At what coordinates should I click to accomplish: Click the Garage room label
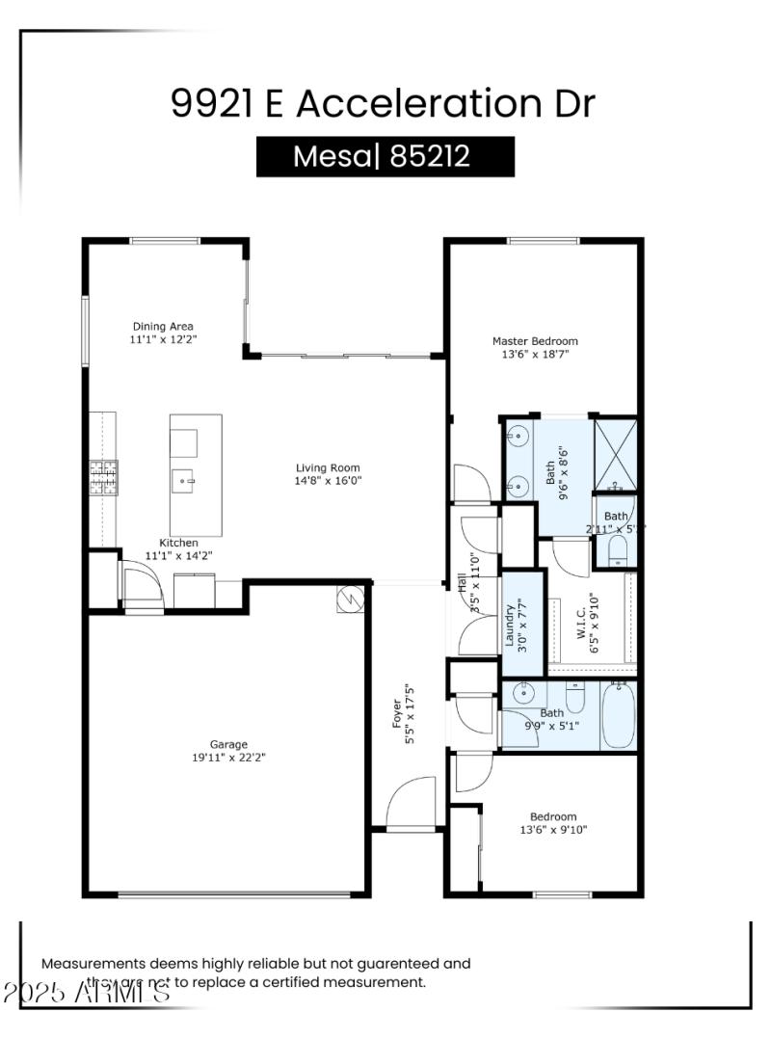229,744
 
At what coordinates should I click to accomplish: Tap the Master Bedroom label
535,340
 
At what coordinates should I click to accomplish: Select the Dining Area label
162,326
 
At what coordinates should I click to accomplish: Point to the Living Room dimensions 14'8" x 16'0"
329,480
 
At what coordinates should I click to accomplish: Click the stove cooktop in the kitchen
104,478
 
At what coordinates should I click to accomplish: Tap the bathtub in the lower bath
618,716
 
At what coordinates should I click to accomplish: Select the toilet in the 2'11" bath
619,549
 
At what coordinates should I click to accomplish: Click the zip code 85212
431,156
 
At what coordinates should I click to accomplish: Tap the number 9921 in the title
212,104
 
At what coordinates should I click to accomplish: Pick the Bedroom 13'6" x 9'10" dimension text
553,829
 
